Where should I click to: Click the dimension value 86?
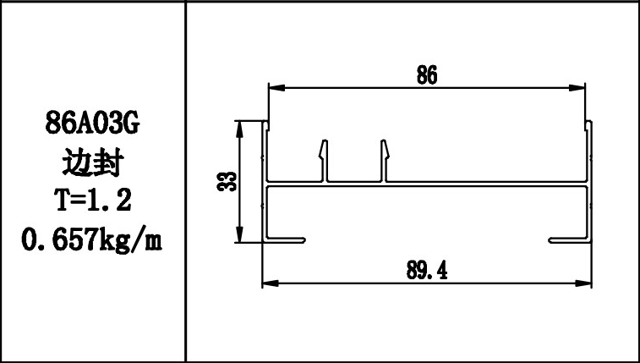(427, 75)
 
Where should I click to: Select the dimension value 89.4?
(427, 270)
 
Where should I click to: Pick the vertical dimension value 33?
(226, 182)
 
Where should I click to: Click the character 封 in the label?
(107, 162)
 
